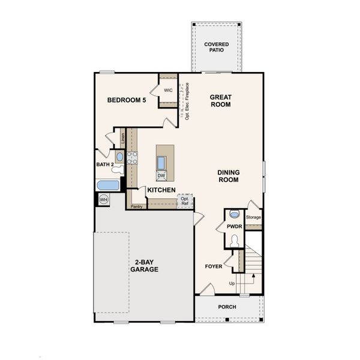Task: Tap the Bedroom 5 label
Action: point(127,100)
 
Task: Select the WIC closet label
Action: point(168,90)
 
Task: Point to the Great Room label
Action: point(220,100)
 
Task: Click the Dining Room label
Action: point(228,176)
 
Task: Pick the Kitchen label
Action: point(161,190)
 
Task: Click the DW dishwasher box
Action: point(161,176)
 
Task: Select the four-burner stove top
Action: point(132,158)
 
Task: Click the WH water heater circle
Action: point(104,200)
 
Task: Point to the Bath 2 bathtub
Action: point(109,185)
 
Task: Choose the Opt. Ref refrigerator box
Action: point(185,201)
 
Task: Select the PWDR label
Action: point(233,226)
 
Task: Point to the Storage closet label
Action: point(254,217)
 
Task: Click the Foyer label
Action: point(214,266)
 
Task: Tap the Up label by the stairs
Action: point(232,283)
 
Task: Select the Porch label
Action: point(227,307)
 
